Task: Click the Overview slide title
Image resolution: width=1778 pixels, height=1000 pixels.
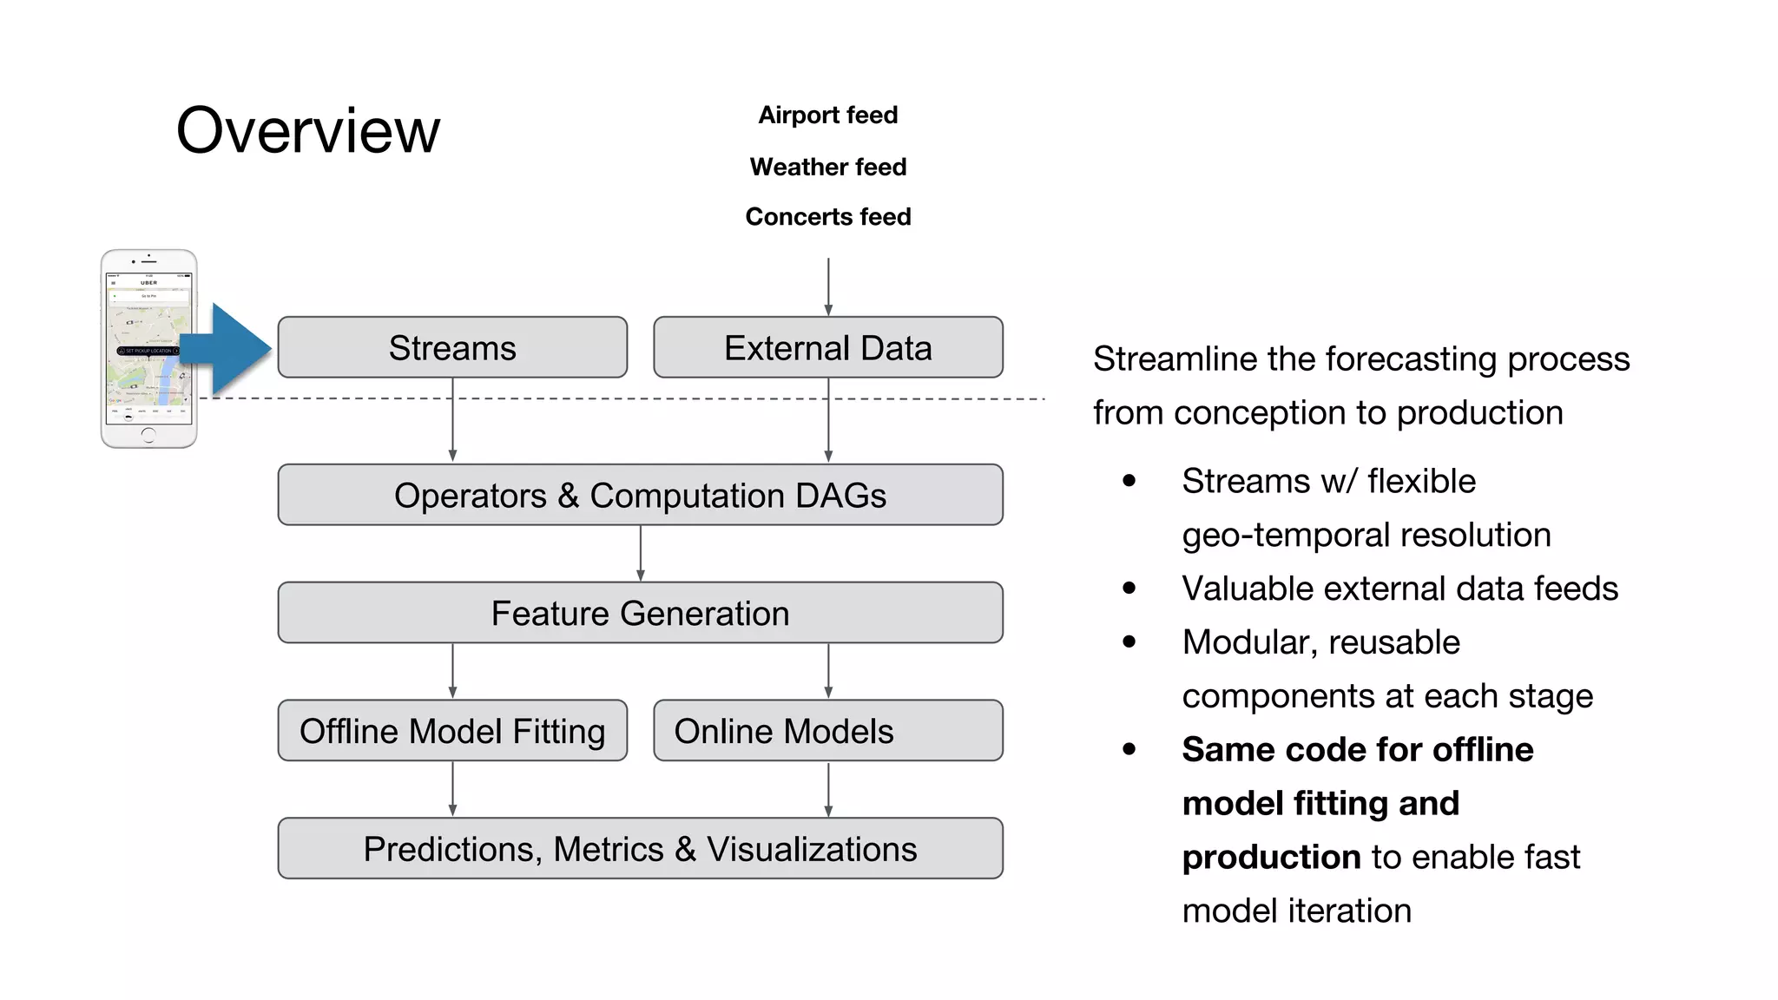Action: pyautogui.click(x=308, y=130)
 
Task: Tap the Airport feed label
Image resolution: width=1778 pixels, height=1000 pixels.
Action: pyautogui.click(x=827, y=115)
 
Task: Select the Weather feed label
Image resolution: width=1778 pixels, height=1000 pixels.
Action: pyautogui.click(x=827, y=167)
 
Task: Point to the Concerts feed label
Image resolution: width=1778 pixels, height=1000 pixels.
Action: pyautogui.click(x=827, y=216)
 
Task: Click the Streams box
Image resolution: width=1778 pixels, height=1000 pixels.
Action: pyautogui.click(x=452, y=347)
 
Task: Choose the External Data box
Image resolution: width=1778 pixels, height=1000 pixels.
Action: pyautogui.click(x=827, y=347)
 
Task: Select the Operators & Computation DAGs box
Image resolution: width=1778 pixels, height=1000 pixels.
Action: pyautogui.click(x=640, y=495)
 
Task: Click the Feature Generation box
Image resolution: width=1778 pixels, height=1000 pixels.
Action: pyautogui.click(x=640, y=613)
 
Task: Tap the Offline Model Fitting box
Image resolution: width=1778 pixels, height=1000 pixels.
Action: pyautogui.click(x=452, y=731)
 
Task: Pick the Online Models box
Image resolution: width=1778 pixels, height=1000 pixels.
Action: pyautogui.click(x=827, y=731)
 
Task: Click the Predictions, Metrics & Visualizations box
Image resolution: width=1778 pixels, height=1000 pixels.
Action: pyautogui.click(x=640, y=848)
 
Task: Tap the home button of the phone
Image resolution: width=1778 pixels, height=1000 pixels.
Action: pyautogui.click(x=148, y=434)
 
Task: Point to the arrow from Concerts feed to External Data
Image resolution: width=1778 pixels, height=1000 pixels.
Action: pyautogui.click(x=828, y=286)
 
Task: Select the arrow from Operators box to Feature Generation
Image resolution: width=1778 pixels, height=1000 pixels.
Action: pyautogui.click(x=641, y=553)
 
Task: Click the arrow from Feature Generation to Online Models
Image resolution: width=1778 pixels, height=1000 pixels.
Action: pyautogui.click(x=828, y=670)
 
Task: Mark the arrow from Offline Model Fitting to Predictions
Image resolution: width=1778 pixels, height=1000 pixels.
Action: pyautogui.click(x=452, y=788)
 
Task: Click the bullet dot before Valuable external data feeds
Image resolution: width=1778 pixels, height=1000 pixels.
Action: pyautogui.click(x=1129, y=589)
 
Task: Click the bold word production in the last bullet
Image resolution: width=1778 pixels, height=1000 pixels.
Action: pyautogui.click(x=1271, y=857)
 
